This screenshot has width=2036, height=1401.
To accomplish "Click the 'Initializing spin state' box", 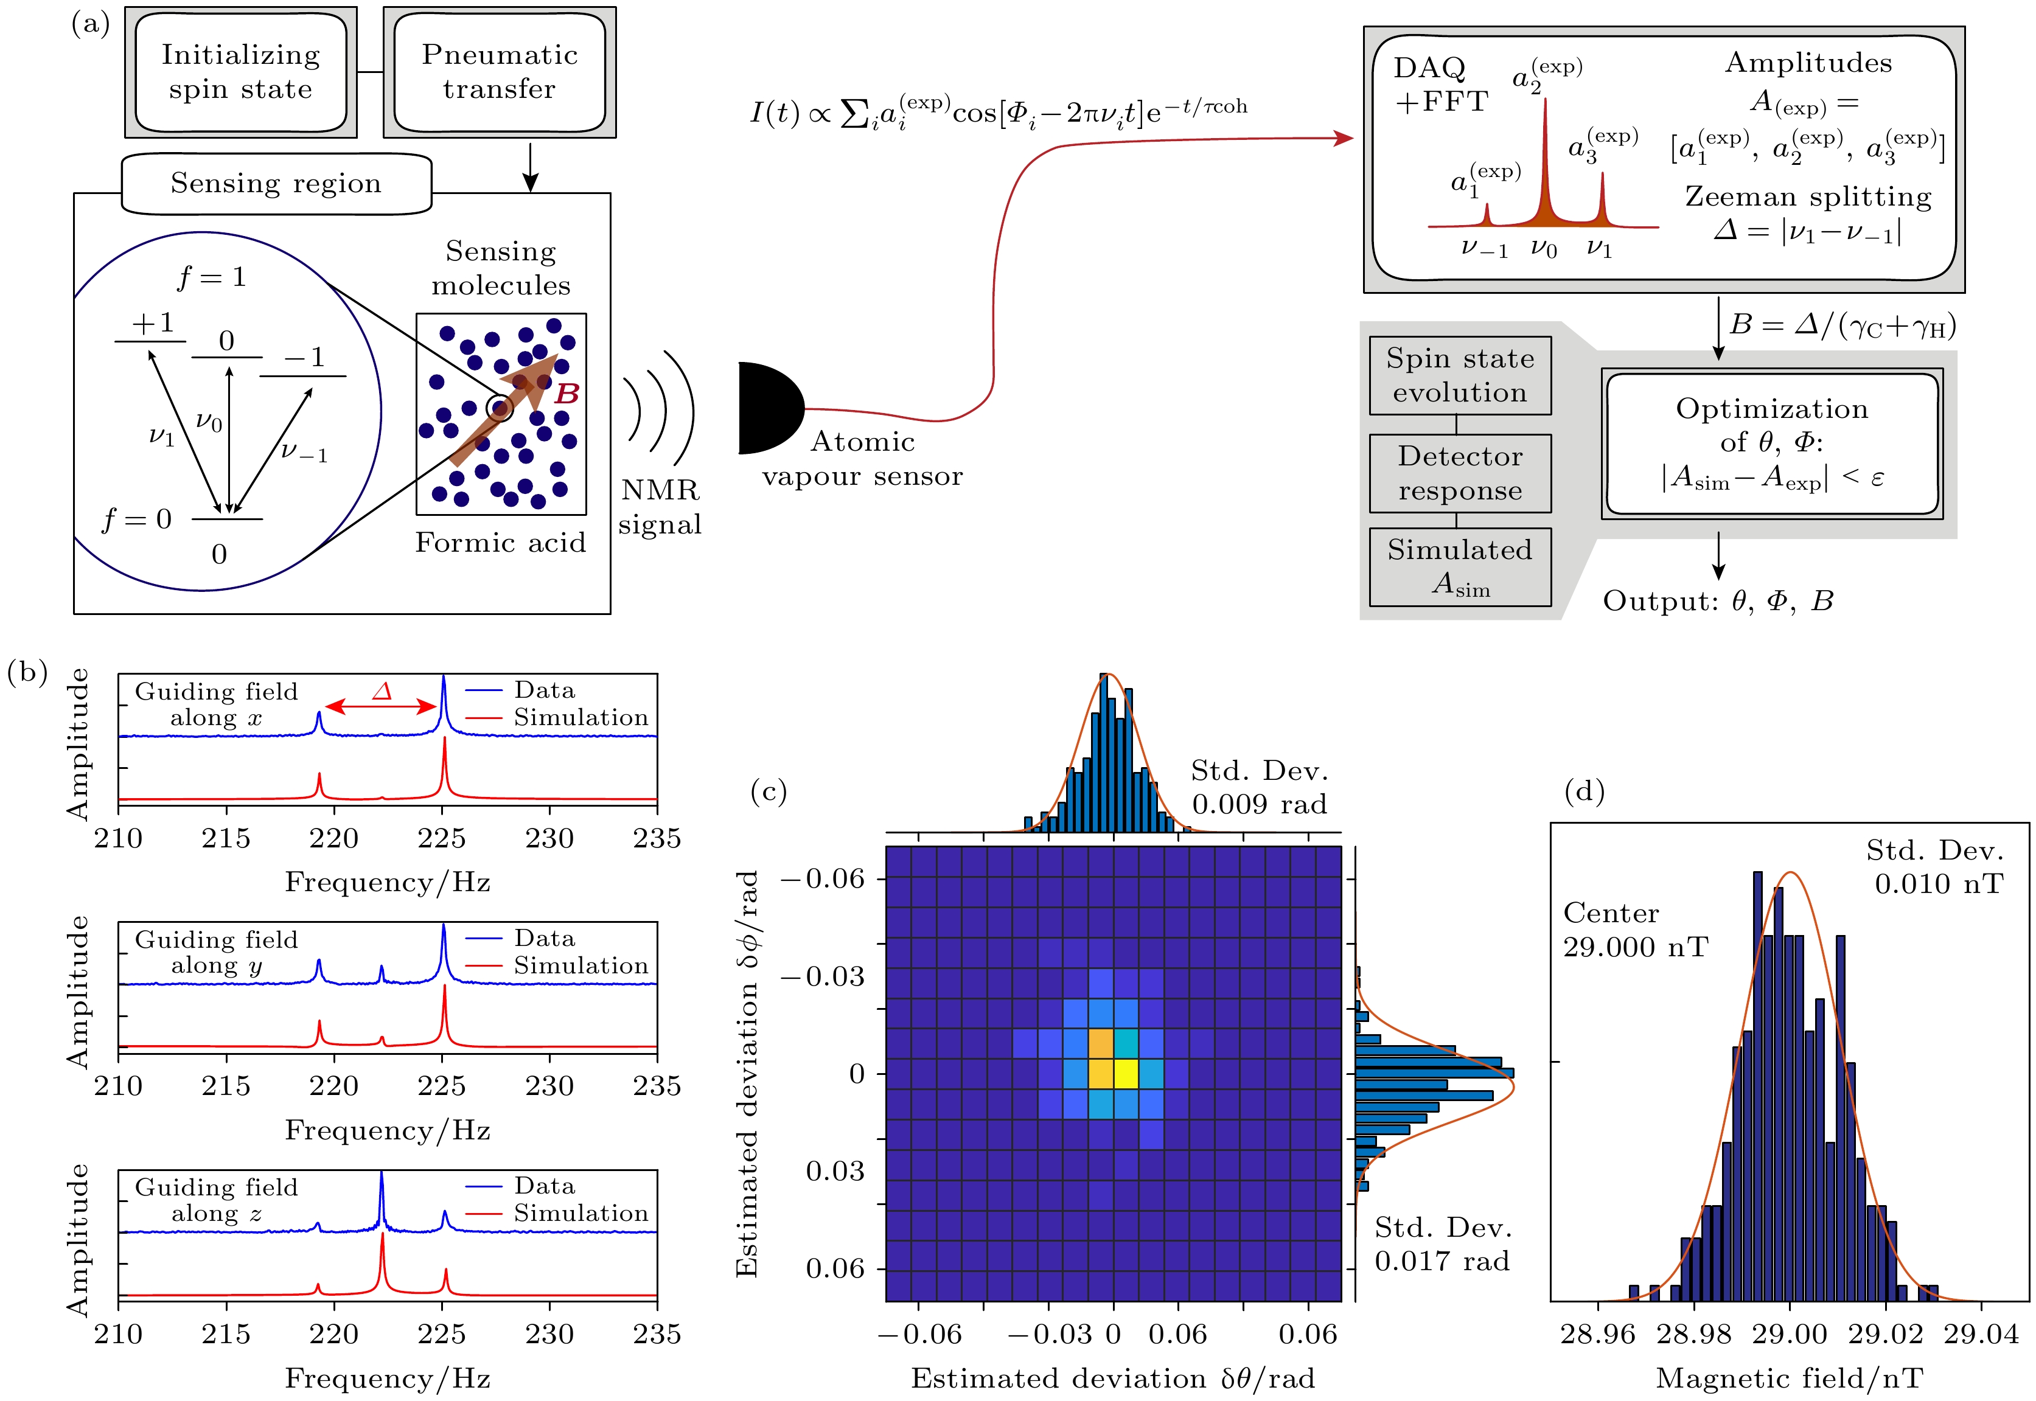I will (240, 72).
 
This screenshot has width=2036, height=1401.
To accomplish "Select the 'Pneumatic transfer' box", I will (500, 72).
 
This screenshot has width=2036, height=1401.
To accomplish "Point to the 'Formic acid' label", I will (500, 543).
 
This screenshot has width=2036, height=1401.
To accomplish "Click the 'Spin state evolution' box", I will (1459, 376).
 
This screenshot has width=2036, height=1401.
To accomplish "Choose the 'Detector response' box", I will (1459, 473).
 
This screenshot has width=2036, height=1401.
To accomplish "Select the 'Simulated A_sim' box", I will (1459, 566).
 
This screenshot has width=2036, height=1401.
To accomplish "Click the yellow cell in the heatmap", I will (1126, 1072).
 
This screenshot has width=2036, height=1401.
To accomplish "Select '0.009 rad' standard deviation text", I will (1259, 804).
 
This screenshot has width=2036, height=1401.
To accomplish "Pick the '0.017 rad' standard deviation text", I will (1442, 1262).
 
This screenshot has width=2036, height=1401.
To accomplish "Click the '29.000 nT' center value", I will (1635, 947).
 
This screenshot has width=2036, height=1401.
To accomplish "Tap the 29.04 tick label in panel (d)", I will (1980, 1334).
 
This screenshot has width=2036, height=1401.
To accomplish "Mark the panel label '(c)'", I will (769, 792).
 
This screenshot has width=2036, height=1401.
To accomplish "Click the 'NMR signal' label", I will (660, 507).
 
